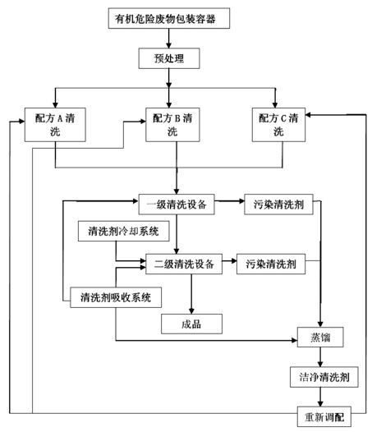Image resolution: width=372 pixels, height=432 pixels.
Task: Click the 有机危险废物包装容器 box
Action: pos(169,18)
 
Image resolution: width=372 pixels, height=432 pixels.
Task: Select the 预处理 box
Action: pos(169,58)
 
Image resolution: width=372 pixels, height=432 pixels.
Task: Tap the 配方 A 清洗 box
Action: pos(55,125)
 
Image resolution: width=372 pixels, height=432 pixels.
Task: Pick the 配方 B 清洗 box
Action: pos(172,125)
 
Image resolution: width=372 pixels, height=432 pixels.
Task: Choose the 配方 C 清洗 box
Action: pos(278,125)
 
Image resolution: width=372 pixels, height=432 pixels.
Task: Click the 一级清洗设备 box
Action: pos(177,205)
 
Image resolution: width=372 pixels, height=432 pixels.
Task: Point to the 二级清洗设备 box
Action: pos(184,264)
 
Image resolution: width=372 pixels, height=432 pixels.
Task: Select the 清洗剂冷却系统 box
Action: pos(123,231)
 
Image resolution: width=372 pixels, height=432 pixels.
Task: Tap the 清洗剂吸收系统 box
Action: pos(116,297)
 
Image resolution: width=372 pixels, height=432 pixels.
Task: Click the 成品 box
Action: pos(191,324)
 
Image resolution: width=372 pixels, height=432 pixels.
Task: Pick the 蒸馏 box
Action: pos(320,338)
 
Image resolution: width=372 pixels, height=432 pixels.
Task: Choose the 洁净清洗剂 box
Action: pos(324,377)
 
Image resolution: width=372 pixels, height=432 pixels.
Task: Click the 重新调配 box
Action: pos(324,416)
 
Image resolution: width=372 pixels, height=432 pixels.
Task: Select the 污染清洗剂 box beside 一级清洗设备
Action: pos(278,205)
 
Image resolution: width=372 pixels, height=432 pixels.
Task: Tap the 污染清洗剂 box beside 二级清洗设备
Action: pos(271,264)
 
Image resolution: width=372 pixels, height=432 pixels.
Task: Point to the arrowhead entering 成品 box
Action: pos(191,311)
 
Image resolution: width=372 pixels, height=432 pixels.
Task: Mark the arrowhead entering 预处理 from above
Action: pos(169,45)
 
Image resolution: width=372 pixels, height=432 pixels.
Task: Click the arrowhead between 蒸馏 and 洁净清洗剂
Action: pos(320,364)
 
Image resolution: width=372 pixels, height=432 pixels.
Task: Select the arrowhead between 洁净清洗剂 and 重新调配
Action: pos(320,403)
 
